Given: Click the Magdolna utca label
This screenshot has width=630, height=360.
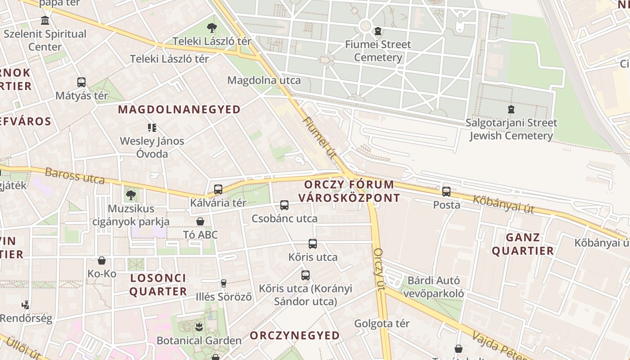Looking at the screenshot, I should (264, 81).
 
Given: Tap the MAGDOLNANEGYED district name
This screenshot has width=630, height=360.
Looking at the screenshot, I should (179, 109).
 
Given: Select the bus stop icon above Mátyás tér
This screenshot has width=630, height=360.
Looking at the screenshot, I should (81, 82).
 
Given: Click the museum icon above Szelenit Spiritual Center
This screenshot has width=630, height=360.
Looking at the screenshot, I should (45, 21).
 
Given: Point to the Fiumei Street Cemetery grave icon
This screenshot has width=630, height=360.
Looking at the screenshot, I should (378, 31).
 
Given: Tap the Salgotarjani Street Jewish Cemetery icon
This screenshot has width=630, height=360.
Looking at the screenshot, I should (511, 109).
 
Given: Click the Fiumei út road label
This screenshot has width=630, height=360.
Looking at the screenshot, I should (320, 138).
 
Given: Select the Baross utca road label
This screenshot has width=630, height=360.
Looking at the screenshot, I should (75, 175).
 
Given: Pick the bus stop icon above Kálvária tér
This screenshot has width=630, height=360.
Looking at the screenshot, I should (218, 189).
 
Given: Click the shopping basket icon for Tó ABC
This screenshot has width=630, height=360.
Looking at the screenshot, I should (200, 221).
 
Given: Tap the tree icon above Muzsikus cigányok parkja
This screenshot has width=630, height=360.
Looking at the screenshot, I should (131, 195).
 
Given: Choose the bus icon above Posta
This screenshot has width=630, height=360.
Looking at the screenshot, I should (446, 192).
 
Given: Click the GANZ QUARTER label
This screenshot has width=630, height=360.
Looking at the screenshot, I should (522, 244).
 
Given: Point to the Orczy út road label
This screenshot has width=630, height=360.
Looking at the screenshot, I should (379, 269).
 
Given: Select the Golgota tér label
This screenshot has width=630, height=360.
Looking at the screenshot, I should (382, 324).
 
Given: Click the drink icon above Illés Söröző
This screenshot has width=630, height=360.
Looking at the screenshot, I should (223, 283).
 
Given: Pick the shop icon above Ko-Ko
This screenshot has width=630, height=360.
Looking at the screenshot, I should (102, 261).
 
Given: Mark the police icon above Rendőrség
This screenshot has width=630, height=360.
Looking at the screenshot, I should (26, 305).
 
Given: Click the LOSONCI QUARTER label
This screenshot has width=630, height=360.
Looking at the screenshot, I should (158, 284).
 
